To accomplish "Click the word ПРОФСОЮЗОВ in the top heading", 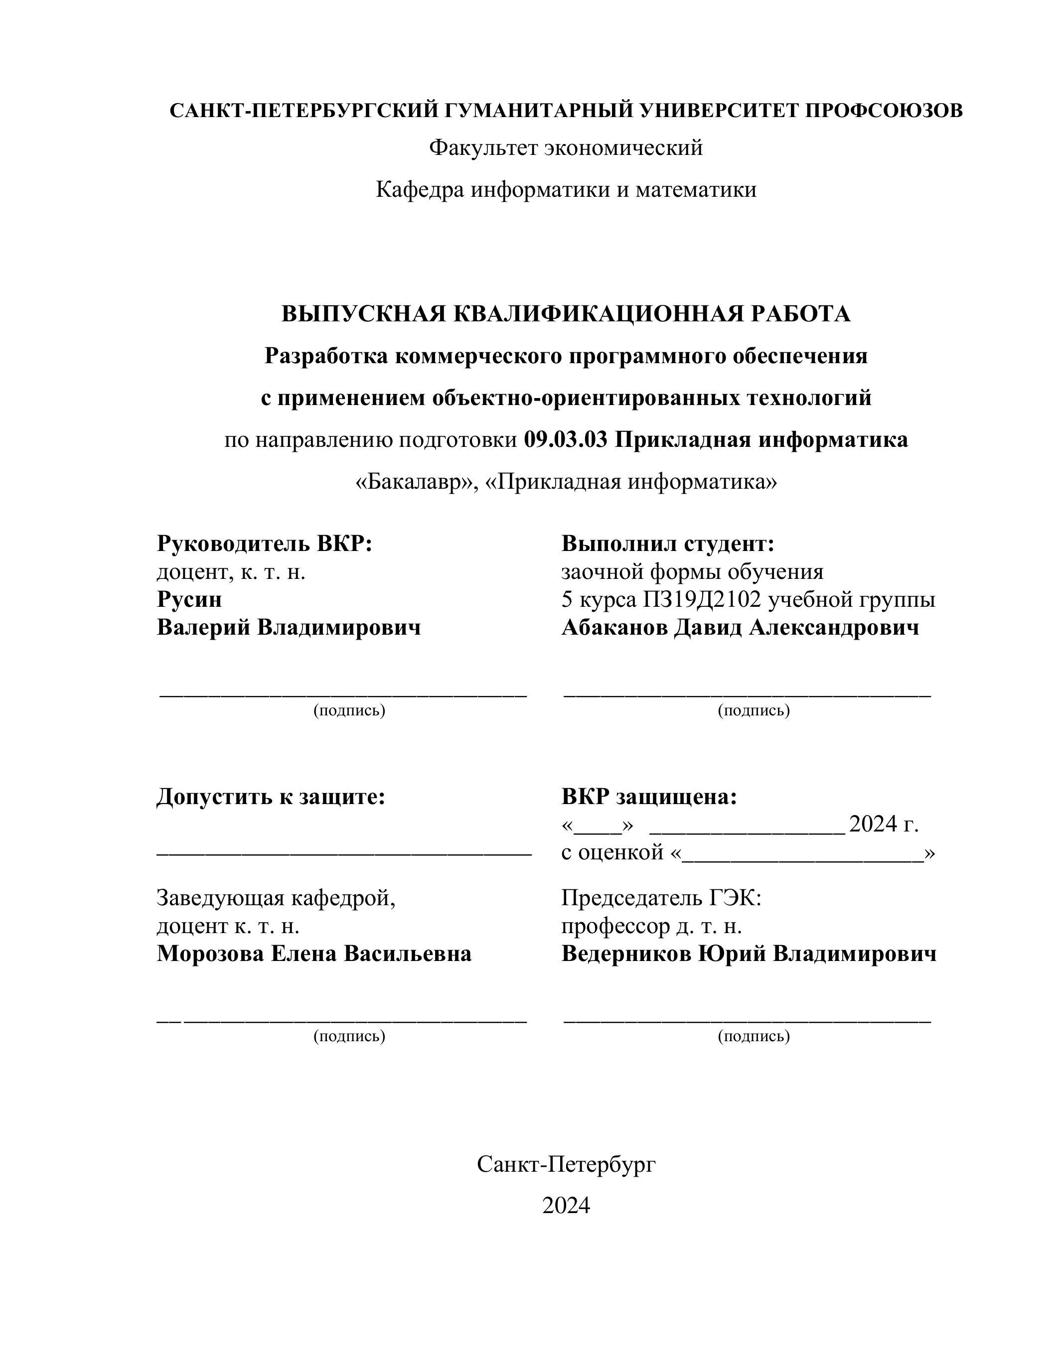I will [x=884, y=111].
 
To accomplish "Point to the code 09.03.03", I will [x=565, y=440].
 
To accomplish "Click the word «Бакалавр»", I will [x=418, y=482].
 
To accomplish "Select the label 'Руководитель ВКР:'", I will [x=264, y=543].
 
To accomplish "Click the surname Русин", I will [x=189, y=599].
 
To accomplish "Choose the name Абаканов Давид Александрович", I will [x=740, y=627].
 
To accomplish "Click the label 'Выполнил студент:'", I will [x=667, y=543].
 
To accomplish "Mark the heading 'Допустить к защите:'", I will [x=271, y=797].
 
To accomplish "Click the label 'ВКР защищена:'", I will [x=649, y=797].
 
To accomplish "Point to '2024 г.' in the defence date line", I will [x=884, y=824].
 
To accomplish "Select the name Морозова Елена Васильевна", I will [x=313, y=954].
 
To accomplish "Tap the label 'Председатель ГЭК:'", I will [x=661, y=898].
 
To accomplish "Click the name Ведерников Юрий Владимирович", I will [x=749, y=954].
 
